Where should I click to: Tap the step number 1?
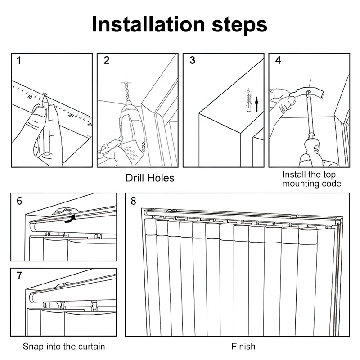pyautogui.click(x=19, y=60)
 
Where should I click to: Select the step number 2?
pyautogui.click(x=107, y=60)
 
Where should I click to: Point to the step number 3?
pyautogui.click(x=193, y=60)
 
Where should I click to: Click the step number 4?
pyautogui.click(x=278, y=60)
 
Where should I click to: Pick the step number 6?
pyautogui.click(x=19, y=201)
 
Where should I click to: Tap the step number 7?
pyautogui.click(x=19, y=276)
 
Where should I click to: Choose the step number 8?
pyautogui.click(x=133, y=201)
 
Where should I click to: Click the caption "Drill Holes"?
pyautogui.click(x=150, y=178)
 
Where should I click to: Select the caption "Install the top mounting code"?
pyautogui.click(x=312, y=179)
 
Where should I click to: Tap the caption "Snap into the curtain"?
pyautogui.click(x=64, y=346)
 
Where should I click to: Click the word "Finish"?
pyautogui.click(x=243, y=346)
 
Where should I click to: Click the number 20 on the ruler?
pyautogui.click(x=71, y=116)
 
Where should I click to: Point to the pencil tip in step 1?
pyautogui.click(x=45, y=95)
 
